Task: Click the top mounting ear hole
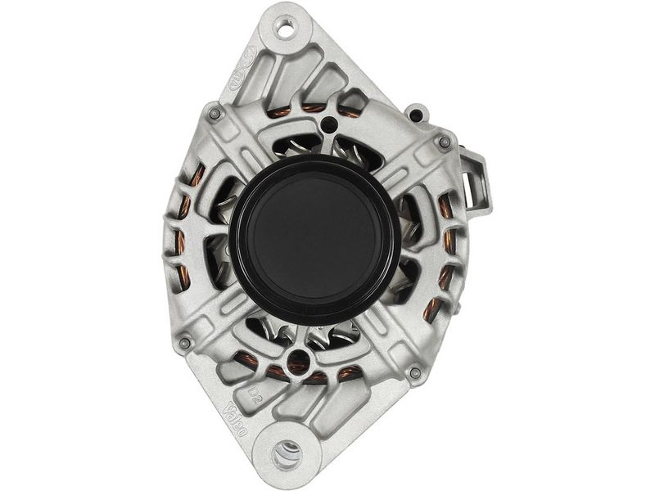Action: tap(287, 31)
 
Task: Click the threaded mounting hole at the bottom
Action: tap(287, 452)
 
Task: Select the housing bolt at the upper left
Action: tap(214, 113)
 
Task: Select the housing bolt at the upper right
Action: tap(444, 142)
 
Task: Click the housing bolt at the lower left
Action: tap(184, 341)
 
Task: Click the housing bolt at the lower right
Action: tap(415, 372)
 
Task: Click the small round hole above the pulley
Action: tap(329, 125)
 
